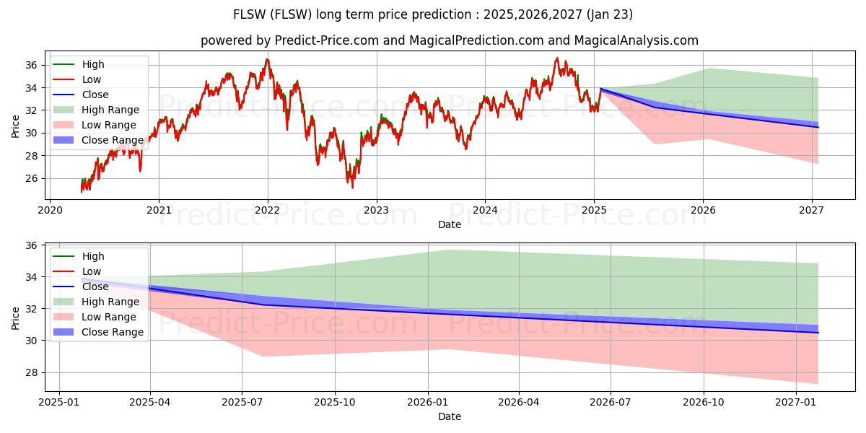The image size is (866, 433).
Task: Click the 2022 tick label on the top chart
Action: pos(268,211)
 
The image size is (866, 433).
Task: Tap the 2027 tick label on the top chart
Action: pos(812,211)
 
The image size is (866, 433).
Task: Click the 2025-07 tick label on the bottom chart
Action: pos(242,403)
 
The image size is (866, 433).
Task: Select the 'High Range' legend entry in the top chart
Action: pos(110,110)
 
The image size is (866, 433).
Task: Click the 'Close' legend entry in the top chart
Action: pos(95,95)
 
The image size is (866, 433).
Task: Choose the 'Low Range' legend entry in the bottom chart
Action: pos(109,317)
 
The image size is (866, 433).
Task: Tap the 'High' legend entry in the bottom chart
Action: pos(93,256)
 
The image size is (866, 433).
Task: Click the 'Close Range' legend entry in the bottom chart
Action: pos(113,332)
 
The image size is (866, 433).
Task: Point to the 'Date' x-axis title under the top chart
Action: pos(450,224)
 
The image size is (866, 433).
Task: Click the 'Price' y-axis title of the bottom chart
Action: pos(16,318)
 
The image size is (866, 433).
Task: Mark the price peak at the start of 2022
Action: pos(267,59)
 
